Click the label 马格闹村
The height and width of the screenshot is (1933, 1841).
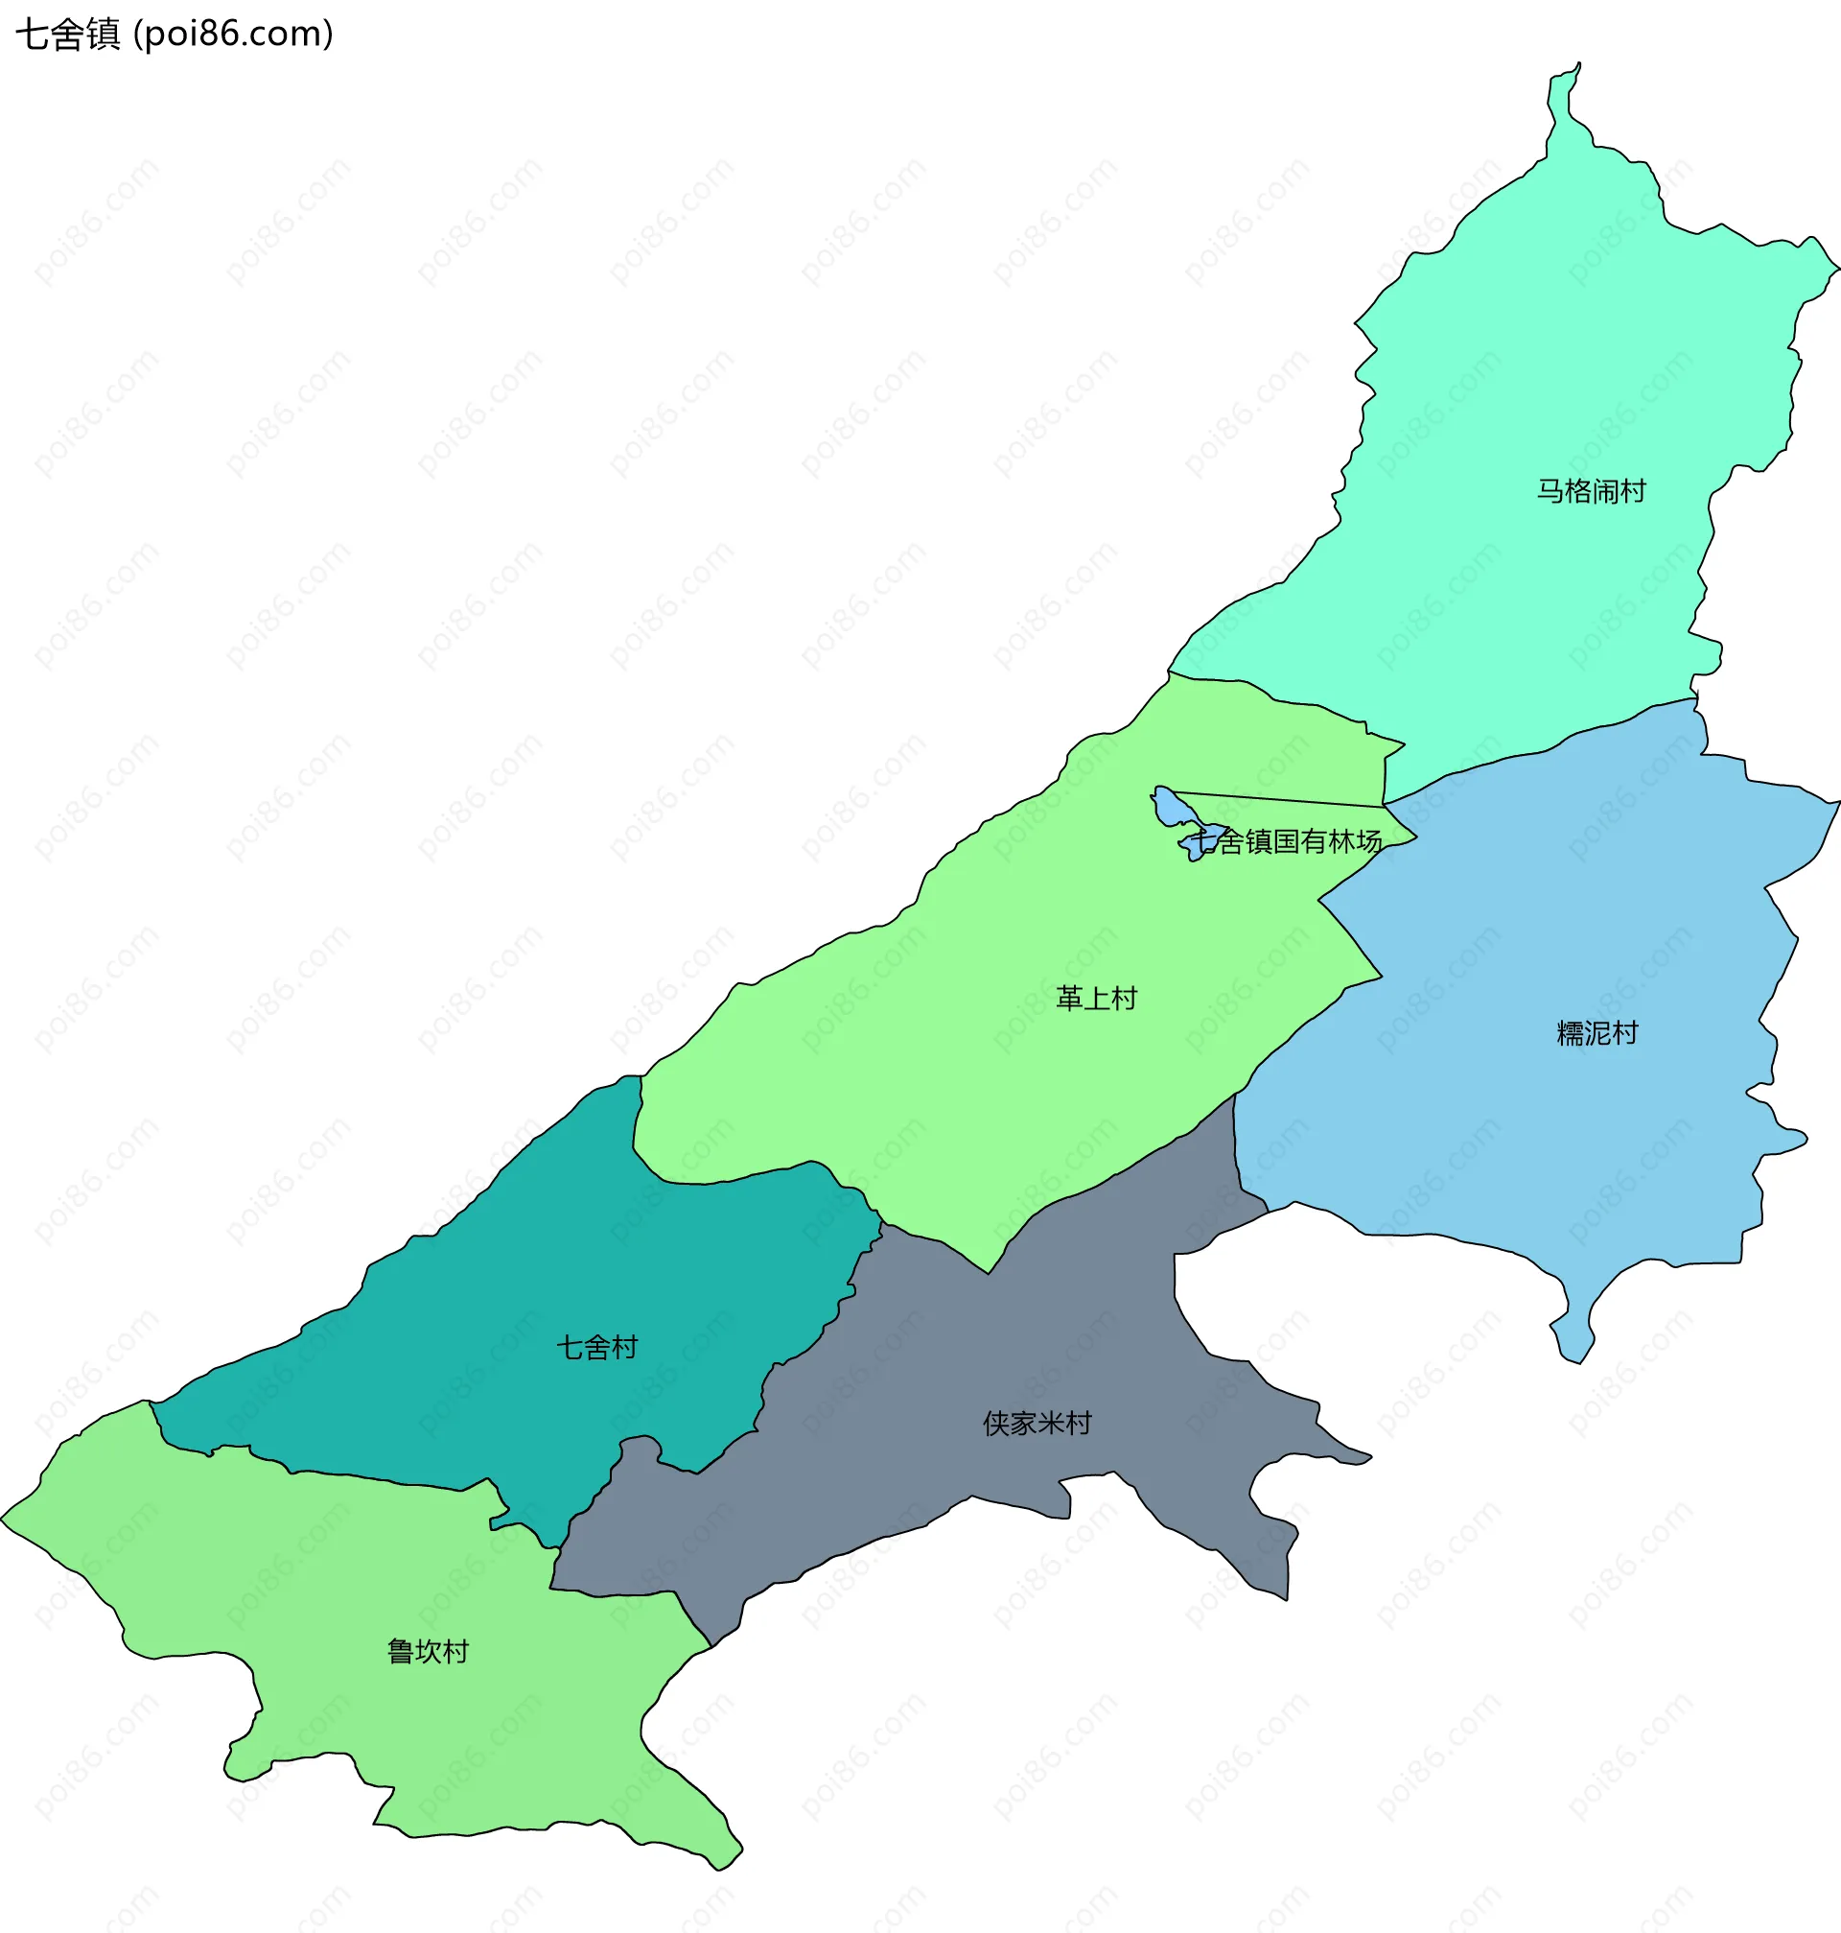tap(1591, 491)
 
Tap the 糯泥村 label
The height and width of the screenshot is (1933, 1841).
tap(1596, 1033)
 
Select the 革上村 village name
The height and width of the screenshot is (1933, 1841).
tap(1096, 999)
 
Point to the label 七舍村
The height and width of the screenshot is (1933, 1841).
tap(596, 1347)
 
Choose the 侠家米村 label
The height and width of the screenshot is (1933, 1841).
tap(1037, 1423)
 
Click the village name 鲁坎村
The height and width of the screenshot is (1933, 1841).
tap(428, 1651)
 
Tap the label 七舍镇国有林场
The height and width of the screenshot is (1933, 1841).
tap(1286, 841)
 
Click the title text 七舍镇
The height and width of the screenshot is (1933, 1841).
tap(68, 35)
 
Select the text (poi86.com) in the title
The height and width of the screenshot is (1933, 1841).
tap(234, 35)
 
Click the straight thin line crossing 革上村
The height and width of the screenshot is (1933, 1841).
tap(1275, 799)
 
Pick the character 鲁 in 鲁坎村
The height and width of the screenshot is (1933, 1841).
tap(401, 1651)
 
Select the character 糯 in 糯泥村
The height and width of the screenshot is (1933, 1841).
tap(1571, 1033)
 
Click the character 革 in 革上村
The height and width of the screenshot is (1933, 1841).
tap(1069, 999)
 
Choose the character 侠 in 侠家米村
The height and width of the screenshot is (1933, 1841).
tap(996, 1423)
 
